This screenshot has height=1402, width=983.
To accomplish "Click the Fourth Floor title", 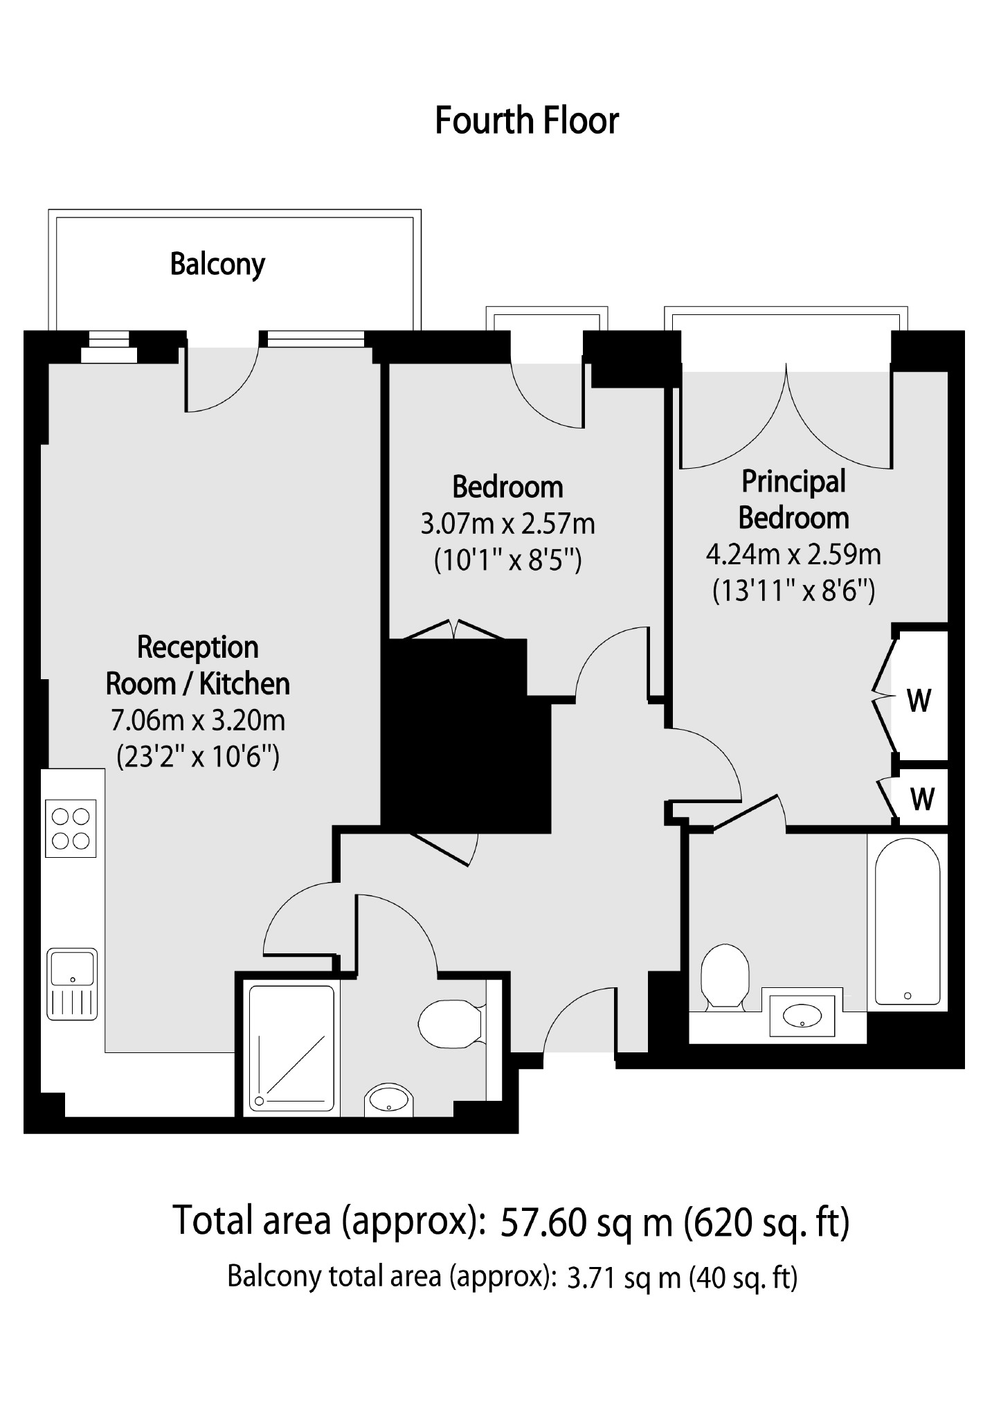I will pos(526,120).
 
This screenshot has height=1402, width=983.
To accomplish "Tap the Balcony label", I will pos(217,264).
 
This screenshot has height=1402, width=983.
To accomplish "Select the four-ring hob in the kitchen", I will pos(71,828).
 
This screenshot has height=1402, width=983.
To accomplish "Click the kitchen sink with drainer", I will pos(72,983).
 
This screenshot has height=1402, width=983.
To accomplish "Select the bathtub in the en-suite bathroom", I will pos(907,921).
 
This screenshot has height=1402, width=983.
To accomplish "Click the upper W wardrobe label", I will pos(919,701).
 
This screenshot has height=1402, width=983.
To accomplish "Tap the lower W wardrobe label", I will pos(921,799).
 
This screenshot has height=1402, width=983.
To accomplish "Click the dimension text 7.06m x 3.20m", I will pos(198,720).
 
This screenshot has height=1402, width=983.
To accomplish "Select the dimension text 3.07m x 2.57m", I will pos(507,523).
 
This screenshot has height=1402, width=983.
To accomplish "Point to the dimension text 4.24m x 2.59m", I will pos(793,554).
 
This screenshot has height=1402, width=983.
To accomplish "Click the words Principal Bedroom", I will pos(793,499).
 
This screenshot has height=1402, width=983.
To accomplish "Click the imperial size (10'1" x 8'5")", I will pos(507,559).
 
